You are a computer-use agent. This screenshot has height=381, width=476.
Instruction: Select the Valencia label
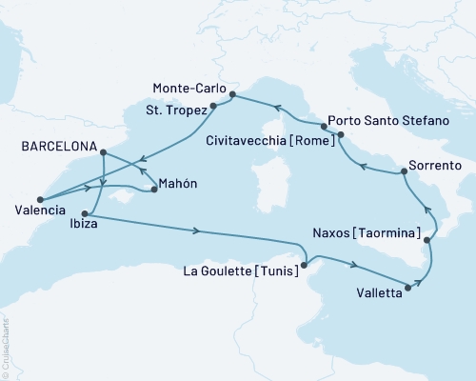[x=41, y=210]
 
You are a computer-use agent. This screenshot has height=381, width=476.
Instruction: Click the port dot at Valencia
[x=40, y=198]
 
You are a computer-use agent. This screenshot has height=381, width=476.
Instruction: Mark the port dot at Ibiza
[x=87, y=213]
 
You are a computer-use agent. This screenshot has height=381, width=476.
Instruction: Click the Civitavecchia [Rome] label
[x=283, y=141]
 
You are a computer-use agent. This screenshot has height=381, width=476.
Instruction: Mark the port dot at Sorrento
[x=405, y=171]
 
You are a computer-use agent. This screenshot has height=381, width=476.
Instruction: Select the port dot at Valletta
[x=408, y=286]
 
